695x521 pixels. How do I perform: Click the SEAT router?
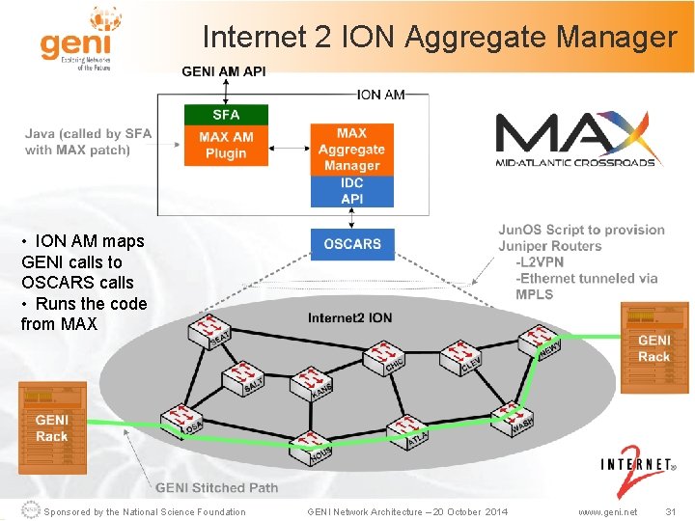tap(212, 334)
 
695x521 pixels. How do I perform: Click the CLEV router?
tap(461, 359)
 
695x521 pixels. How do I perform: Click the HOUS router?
tap(313, 445)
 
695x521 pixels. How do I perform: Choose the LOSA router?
tap(181, 419)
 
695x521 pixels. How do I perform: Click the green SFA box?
tap(226, 115)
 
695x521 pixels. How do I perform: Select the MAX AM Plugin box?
tap(226, 145)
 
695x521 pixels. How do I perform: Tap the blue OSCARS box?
tap(352, 244)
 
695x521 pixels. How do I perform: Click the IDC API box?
tap(352, 190)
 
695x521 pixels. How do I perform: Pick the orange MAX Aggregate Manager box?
tap(352, 149)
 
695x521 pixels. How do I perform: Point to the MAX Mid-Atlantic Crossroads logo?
tap(575, 140)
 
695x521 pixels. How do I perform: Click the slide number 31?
tap(670, 511)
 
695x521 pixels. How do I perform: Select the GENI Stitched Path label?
tap(216, 488)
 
